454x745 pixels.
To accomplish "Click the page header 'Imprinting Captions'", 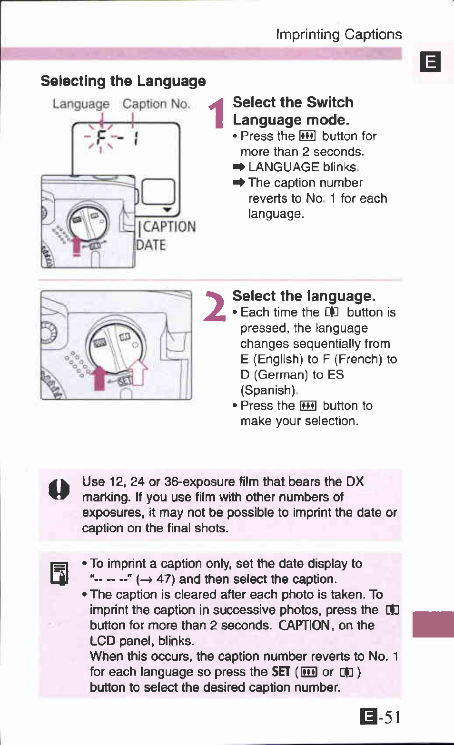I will coord(338,34).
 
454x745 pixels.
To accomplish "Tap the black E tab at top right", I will coord(430,62).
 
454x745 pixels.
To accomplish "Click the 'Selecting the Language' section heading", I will coord(123,81).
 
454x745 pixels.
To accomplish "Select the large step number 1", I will coord(217,113).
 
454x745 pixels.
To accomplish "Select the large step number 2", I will coord(214,307).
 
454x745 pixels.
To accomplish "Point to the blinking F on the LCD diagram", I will coord(100,138).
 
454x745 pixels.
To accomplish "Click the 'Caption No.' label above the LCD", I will coord(156,104).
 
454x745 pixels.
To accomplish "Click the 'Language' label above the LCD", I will coord(81,104).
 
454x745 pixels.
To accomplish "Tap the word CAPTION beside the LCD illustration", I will coord(169,227).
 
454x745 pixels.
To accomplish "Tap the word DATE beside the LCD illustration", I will coord(151,245).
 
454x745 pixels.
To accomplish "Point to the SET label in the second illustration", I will coord(125,381).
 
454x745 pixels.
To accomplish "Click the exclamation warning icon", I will coord(59,489).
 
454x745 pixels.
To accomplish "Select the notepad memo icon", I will coord(59,573).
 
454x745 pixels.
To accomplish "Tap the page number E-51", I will coord(380,716).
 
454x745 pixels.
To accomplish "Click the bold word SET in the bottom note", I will coord(281,672).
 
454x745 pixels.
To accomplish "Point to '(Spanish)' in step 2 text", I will coord(268,390).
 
